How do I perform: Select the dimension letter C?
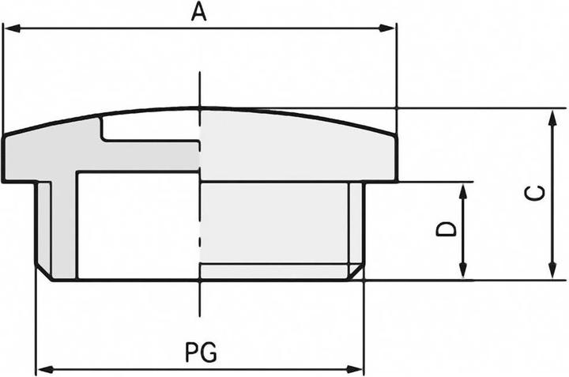[x=535, y=194]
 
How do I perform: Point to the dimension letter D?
[x=447, y=229]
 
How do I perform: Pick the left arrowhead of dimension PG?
[x=43, y=369]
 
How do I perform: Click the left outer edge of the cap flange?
[x=4, y=158]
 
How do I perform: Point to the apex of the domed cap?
[x=201, y=107]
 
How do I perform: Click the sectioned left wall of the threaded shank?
[x=60, y=229]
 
